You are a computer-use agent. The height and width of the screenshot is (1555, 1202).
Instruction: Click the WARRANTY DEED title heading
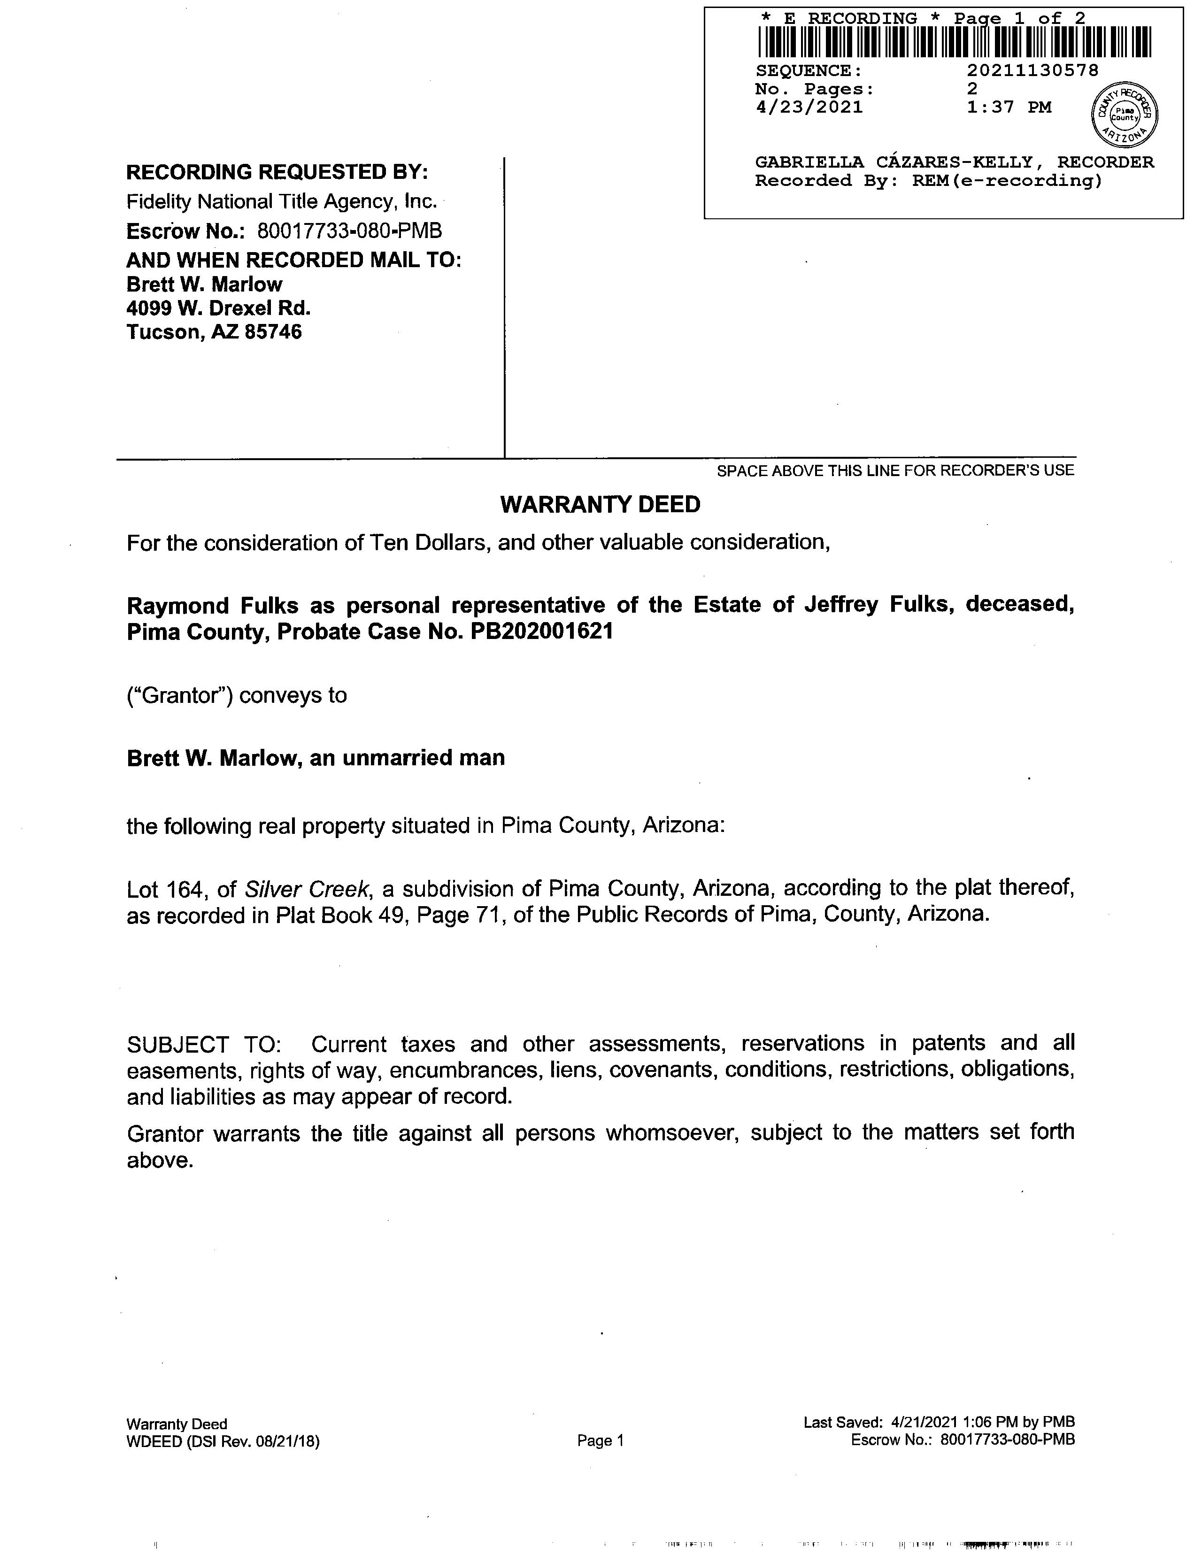click(x=600, y=505)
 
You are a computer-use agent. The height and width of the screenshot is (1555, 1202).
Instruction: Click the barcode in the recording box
click(x=954, y=42)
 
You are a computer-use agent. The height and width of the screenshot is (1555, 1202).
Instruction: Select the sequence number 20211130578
click(x=1032, y=70)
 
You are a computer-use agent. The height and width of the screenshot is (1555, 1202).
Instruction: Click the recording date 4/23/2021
click(x=809, y=108)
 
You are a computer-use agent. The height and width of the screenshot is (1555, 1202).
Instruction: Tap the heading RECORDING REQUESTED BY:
click(x=277, y=172)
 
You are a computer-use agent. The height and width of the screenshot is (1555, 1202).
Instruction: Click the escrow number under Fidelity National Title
click(x=349, y=231)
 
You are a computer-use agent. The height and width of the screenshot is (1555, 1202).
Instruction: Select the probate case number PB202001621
click(x=542, y=631)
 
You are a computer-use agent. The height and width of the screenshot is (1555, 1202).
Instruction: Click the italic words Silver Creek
click(x=307, y=889)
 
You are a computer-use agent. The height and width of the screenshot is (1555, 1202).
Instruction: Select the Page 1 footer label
click(x=600, y=1441)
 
